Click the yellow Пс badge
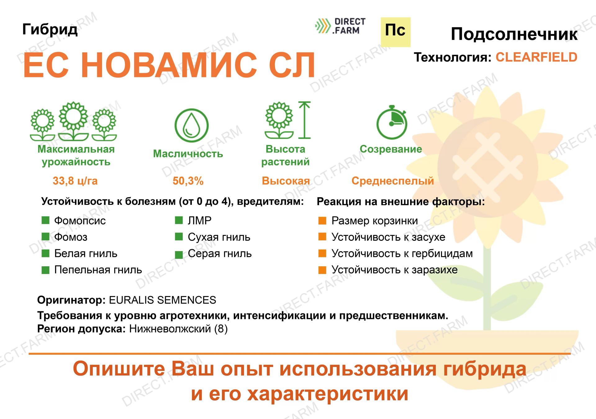395,32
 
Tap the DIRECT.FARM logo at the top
340,26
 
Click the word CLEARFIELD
536,57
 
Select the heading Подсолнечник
514,34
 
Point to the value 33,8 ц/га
75,181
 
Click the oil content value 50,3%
188,181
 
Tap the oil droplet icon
191,125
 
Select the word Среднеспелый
393,181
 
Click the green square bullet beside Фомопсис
46,220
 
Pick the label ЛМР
200,220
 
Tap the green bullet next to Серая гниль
179,255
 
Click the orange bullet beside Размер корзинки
322,220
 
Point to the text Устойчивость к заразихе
395,270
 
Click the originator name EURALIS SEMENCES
163,300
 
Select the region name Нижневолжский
170,329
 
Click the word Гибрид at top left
50,30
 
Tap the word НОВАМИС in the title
169,65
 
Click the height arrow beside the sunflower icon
305,120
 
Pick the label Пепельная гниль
98,270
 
